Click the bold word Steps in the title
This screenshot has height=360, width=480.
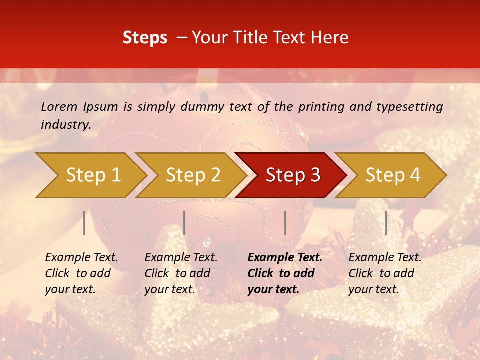(145, 38)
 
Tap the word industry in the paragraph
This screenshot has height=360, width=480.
(65, 124)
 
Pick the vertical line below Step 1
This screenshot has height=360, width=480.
(84, 223)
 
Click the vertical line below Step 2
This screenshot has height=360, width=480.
(184, 223)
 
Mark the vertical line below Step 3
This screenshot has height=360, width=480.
(285, 223)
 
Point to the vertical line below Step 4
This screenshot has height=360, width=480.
(386, 223)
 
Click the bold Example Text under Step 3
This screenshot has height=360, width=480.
(285, 258)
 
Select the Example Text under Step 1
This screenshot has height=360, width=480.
(81, 258)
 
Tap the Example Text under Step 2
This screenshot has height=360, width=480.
(181, 258)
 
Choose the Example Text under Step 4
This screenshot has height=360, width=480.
(385, 258)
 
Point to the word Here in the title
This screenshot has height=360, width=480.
(332, 38)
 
